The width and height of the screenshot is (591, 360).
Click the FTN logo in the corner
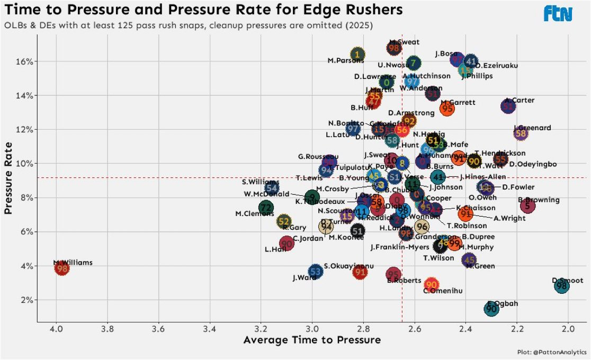click(558, 14)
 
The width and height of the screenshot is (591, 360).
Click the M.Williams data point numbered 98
click(62, 268)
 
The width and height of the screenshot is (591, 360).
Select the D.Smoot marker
click(562, 286)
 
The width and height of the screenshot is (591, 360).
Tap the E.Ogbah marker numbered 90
click(491, 308)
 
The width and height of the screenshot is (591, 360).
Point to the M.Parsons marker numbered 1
click(358, 54)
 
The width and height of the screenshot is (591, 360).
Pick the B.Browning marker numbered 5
click(528, 205)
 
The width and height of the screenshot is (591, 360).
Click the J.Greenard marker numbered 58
click(521, 133)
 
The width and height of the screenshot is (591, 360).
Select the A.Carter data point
click(508, 106)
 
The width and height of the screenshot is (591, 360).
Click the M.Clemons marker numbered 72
click(266, 208)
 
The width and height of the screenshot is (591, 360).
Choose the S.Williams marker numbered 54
click(272, 187)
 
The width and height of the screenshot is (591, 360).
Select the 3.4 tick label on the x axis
click(209, 328)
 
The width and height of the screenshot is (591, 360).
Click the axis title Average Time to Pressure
click(312, 340)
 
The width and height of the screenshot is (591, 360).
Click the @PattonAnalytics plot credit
click(552, 352)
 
